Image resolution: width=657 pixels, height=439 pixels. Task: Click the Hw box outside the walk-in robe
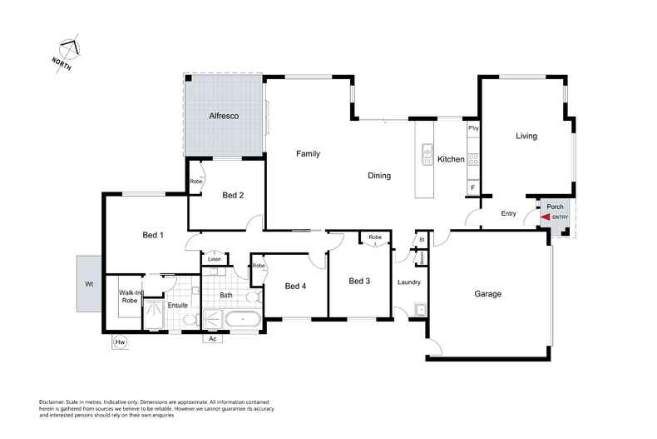point(121,341)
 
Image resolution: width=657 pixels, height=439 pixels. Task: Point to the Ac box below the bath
point(213,338)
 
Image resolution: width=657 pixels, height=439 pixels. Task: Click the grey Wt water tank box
point(88,284)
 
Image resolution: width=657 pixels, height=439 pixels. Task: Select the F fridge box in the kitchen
point(472,188)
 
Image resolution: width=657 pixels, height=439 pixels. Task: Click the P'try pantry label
point(472,128)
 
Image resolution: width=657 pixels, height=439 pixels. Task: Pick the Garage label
point(487,293)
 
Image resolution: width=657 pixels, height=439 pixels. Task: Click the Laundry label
point(409,282)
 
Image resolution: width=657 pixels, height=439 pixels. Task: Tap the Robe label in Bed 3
point(375,237)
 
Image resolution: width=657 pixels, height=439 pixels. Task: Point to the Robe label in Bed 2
point(196,181)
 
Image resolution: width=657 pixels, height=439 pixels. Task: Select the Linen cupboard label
point(214,260)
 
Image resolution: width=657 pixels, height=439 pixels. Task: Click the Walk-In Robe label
point(129,297)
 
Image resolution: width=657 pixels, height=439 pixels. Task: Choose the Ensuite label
point(178,305)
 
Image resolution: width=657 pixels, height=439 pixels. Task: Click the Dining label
point(379,176)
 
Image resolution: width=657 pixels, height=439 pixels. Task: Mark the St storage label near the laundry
point(422,240)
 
